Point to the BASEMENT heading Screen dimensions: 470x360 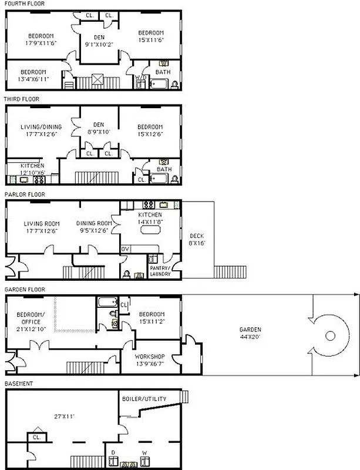pos(18,384)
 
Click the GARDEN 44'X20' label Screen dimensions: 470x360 pos(250,333)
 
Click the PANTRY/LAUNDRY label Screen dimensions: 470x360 pos(160,271)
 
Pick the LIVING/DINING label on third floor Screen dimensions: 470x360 pos(41,130)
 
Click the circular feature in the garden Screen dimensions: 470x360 pos(329,335)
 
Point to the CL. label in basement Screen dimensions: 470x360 pos(36,437)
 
